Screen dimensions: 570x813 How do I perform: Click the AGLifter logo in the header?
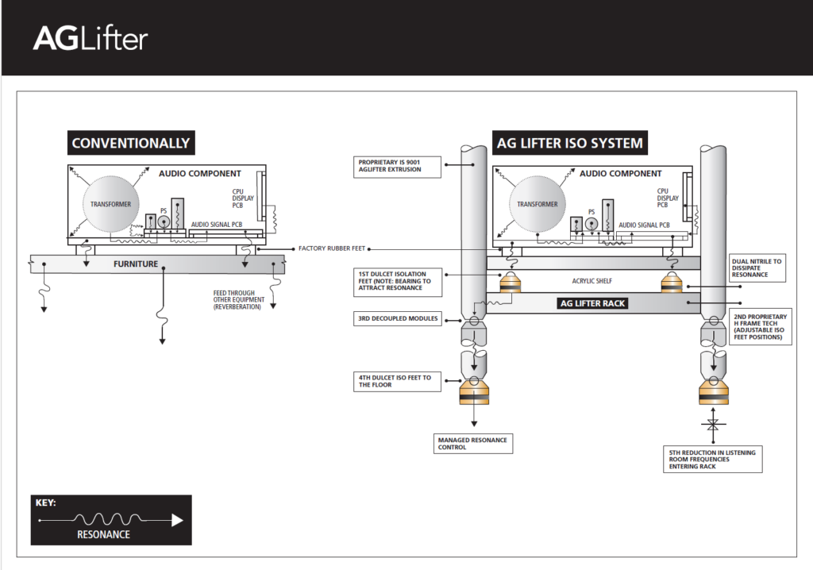coord(90,39)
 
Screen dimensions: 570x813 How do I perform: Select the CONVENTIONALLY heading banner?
coord(131,144)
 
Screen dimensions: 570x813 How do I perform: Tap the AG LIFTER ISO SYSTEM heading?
coord(569,144)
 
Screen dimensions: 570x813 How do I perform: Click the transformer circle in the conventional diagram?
coord(110,204)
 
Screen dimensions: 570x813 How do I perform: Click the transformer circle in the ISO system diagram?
coord(537,204)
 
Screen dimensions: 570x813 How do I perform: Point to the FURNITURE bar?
coord(135,264)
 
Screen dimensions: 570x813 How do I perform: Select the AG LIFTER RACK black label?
coord(593,303)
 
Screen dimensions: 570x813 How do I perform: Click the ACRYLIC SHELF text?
coord(593,281)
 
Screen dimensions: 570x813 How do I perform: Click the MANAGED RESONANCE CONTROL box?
coord(472,443)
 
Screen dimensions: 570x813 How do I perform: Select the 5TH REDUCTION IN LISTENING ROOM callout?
coord(712,459)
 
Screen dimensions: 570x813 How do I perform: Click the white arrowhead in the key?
coord(177,521)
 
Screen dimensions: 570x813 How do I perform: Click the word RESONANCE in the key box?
coord(103,534)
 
